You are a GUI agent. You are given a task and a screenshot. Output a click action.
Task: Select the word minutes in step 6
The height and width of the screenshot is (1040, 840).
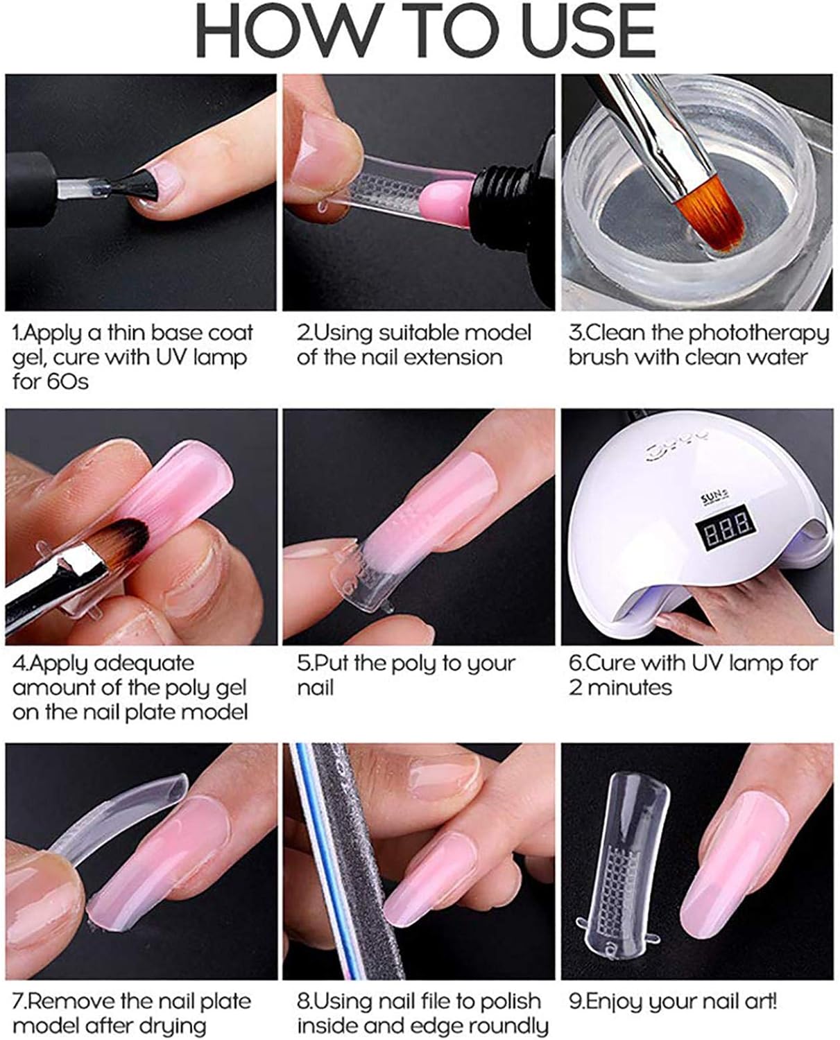click(x=630, y=688)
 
